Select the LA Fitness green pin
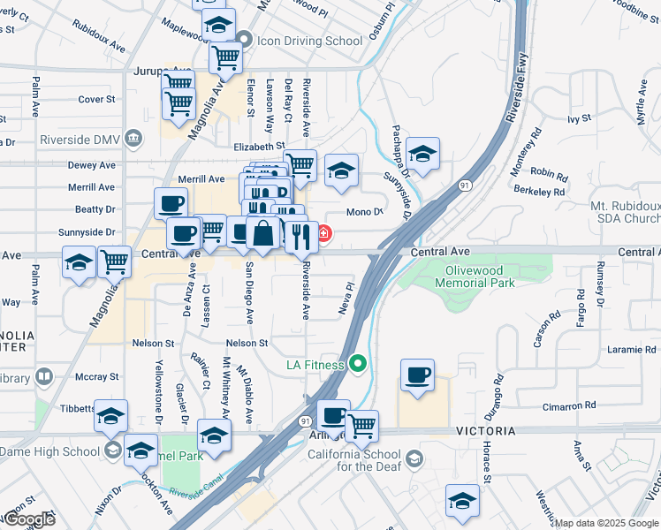coord(358,363)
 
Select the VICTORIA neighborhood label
coord(486,431)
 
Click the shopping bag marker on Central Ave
coord(263,234)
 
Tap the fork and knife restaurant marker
coord(300,237)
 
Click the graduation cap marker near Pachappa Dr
coord(423,155)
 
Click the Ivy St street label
coord(579,117)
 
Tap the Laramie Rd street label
coord(632,350)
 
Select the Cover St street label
coord(97,100)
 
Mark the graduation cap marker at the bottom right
coord(461,501)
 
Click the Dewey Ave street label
coord(92,165)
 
